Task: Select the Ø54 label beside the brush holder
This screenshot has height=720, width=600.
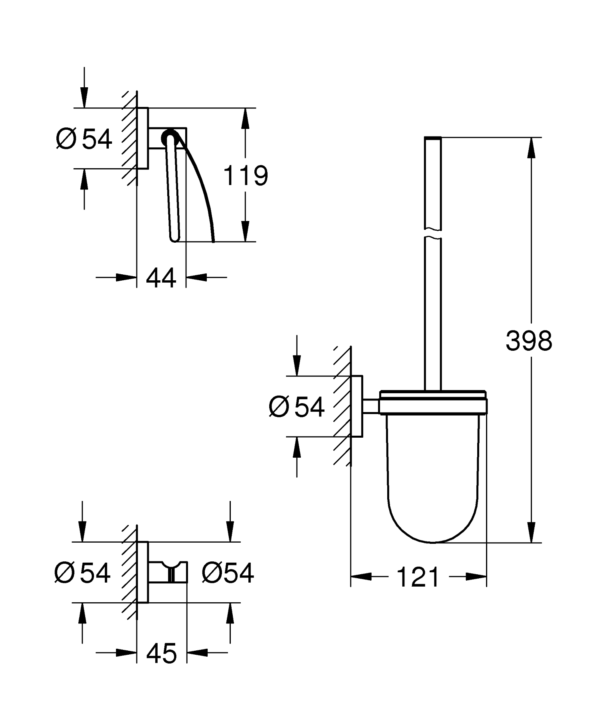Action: click(x=296, y=407)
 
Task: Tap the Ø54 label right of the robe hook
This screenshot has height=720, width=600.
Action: click(x=228, y=573)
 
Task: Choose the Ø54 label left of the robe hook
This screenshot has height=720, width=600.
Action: click(x=82, y=573)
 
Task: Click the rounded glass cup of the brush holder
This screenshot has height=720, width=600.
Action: click(x=432, y=481)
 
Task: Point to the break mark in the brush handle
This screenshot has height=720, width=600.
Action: click(x=432, y=234)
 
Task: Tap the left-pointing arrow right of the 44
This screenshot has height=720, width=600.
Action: click(x=197, y=277)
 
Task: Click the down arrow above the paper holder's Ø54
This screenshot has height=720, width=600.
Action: click(x=84, y=96)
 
